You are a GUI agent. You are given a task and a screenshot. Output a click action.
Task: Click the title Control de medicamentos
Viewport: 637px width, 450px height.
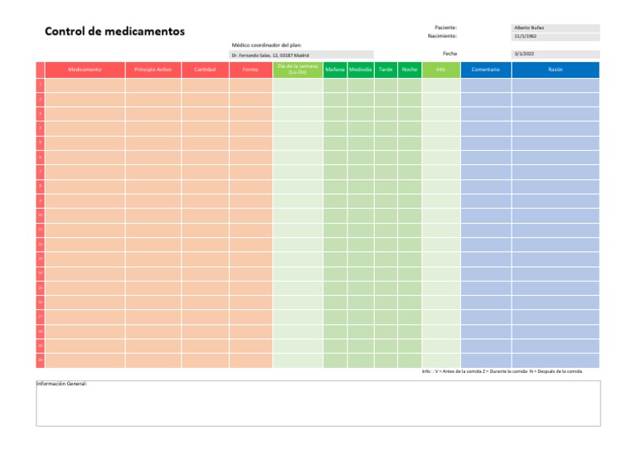pyautogui.click(x=114, y=31)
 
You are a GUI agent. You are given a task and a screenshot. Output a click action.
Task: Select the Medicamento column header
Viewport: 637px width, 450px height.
pyautogui.click(x=85, y=70)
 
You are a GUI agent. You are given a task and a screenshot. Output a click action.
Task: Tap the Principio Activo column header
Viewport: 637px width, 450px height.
pyautogui.click(x=153, y=70)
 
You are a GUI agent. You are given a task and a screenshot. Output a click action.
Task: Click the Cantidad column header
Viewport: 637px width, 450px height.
pyautogui.click(x=205, y=70)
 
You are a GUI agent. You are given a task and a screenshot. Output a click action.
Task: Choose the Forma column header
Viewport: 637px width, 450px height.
pyautogui.click(x=250, y=70)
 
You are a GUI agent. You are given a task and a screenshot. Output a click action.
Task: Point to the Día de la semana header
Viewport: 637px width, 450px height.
pyautogui.click(x=297, y=70)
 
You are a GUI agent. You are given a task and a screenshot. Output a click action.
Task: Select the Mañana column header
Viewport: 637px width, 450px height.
pyautogui.click(x=335, y=70)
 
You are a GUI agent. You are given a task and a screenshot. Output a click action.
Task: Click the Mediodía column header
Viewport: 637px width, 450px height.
pyautogui.click(x=361, y=70)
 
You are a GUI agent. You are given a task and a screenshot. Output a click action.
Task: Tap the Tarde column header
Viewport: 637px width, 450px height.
pyautogui.click(x=386, y=70)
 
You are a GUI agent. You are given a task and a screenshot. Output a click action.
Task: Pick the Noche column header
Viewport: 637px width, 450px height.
pyautogui.click(x=410, y=70)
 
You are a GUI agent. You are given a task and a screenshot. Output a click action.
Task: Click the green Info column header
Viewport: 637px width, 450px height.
pyautogui.click(x=440, y=70)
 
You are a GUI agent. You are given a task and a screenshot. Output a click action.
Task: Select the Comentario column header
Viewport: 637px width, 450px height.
pyautogui.click(x=485, y=70)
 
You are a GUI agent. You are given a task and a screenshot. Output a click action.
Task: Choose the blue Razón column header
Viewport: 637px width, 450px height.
pyautogui.click(x=555, y=70)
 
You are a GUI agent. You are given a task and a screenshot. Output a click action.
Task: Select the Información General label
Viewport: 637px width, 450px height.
pyautogui.click(x=62, y=385)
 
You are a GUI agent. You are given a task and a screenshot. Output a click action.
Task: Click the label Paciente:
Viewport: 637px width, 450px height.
pyautogui.click(x=445, y=27)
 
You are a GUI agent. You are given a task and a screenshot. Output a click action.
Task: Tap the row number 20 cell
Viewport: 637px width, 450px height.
pyautogui.click(x=40, y=360)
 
